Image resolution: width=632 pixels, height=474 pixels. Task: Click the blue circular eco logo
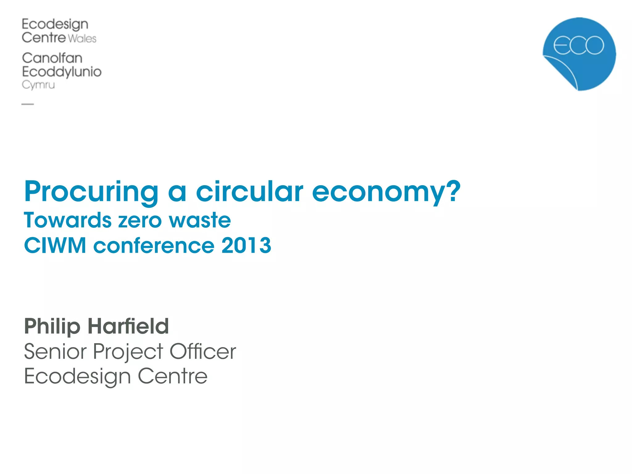tap(579, 54)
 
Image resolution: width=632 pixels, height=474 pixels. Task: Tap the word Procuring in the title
tap(91, 192)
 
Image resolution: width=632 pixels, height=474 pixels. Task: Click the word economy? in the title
tap(386, 192)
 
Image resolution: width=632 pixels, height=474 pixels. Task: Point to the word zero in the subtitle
tap(140, 221)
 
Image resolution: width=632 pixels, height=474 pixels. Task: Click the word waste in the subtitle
tap(200, 220)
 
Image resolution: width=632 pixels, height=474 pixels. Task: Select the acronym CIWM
tap(55, 246)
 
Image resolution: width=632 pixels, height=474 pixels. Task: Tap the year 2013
tap(246, 246)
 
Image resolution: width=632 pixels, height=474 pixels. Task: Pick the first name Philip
tap(52, 326)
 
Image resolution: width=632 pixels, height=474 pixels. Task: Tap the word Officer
tap(203, 351)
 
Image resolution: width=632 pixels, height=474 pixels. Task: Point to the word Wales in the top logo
tap(82, 39)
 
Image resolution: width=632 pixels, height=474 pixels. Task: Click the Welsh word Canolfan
tap(52, 58)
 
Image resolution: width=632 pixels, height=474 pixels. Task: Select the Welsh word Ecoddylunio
tap(62, 72)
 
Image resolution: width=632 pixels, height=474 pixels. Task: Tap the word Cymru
tap(38, 85)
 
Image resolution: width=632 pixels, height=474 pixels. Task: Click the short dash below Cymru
tap(27, 104)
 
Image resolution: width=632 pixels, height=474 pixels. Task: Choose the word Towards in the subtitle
tap(68, 220)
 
